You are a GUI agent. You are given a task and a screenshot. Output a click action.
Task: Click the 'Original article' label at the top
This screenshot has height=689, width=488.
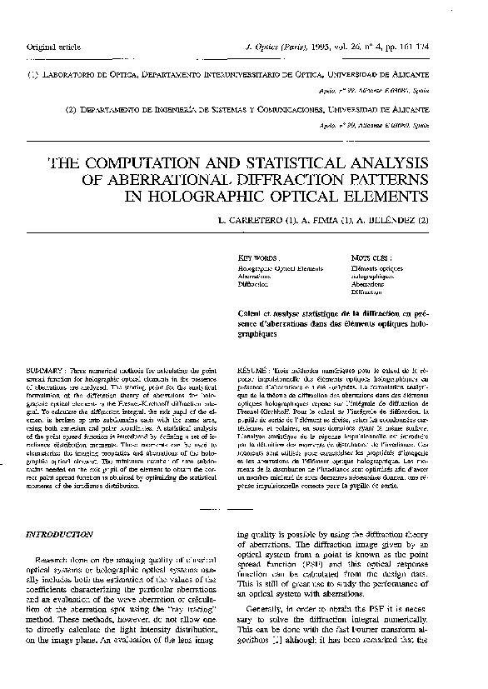pyautogui.click(x=52, y=46)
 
